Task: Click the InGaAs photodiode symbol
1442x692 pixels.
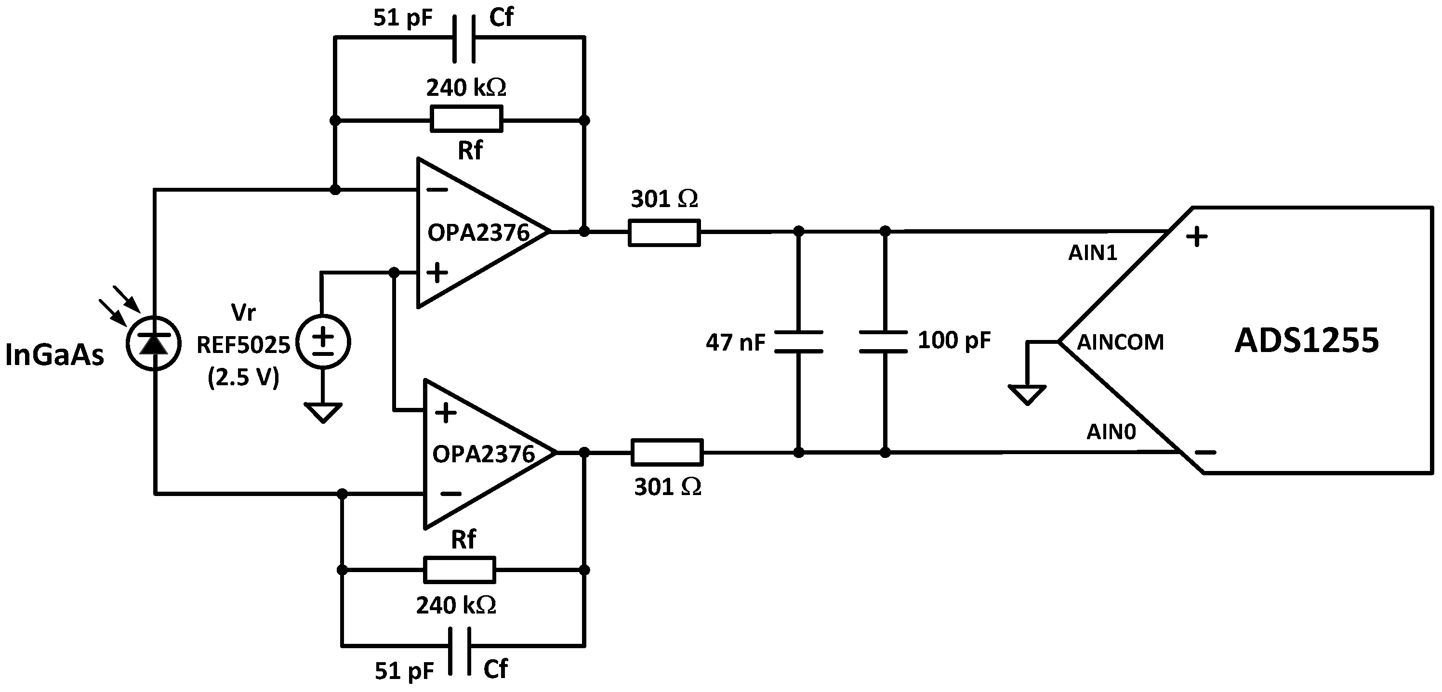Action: pyautogui.click(x=153, y=343)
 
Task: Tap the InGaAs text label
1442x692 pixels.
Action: pyautogui.click(x=54, y=355)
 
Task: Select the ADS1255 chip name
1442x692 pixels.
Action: pyautogui.click(x=1307, y=340)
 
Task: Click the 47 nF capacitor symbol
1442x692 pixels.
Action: pyautogui.click(x=799, y=342)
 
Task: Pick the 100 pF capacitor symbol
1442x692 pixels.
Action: pyautogui.click(x=884, y=342)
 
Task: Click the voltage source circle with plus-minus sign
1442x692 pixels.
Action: pyautogui.click(x=323, y=342)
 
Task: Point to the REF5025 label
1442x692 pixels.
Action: pyautogui.click(x=243, y=345)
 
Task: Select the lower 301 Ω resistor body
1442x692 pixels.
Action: pyautogui.click(x=667, y=453)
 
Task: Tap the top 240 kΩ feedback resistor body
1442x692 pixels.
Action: pyautogui.click(x=466, y=120)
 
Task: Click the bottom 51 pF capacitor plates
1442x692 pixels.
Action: pyautogui.click(x=460, y=651)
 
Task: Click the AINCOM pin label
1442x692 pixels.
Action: pyautogui.click(x=1120, y=342)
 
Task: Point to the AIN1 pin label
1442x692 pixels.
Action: pyautogui.click(x=1092, y=253)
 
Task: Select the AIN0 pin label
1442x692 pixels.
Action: pyautogui.click(x=1111, y=432)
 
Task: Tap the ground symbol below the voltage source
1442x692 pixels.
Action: pyautogui.click(x=323, y=412)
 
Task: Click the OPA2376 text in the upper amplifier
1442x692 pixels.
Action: pyautogui.click(x=478, y=233)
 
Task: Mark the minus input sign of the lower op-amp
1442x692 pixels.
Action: pyautogui.click(x=450, y=494)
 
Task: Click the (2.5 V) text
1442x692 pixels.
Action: pyautogui.click(x=243, y=378)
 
